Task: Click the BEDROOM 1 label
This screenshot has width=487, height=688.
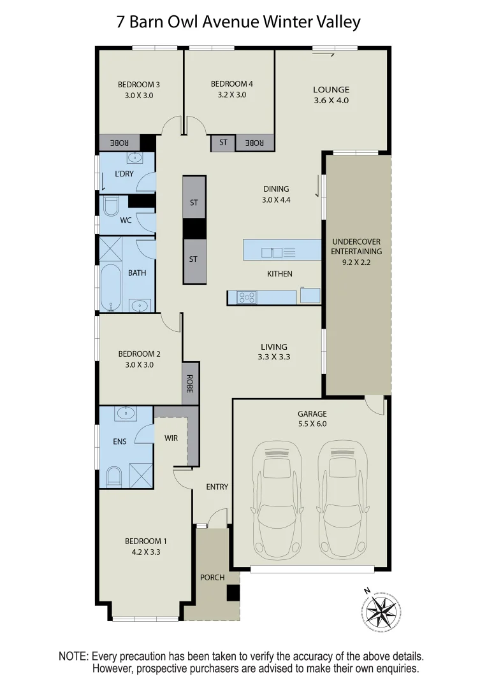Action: click(142, 541)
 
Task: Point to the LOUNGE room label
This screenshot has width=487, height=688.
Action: click(331, 90)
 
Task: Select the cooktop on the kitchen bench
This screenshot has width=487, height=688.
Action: click(246, 297)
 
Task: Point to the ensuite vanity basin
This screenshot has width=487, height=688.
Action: click(124, 415)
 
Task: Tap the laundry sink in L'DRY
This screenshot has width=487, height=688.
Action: click(134, 158)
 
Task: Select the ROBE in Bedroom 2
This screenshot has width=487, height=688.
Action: click(190, 383)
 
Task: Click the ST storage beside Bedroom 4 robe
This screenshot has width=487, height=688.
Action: click(223, 143)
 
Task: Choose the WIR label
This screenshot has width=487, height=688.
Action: click(171, 438)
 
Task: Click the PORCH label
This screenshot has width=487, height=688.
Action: click(212, 578)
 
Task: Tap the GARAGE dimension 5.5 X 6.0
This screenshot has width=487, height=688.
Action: click(312, 424)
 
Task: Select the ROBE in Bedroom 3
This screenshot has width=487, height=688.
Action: click(119, 143)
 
